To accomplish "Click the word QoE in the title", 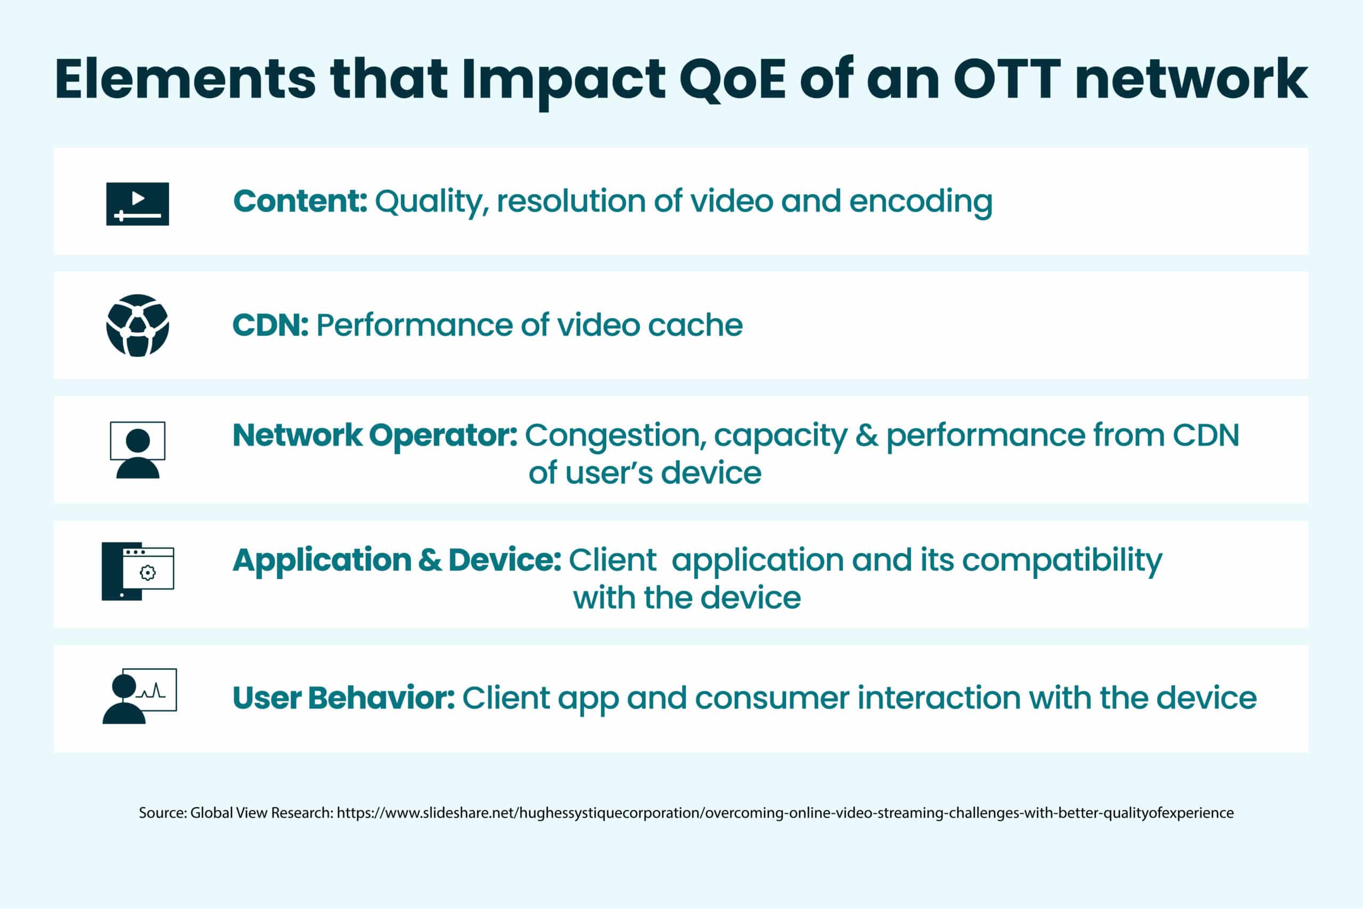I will coord(732,80).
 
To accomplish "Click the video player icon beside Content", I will coord(137,204).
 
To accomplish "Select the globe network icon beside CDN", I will coord(137,325).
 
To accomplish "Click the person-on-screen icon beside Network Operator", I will coord(137,450).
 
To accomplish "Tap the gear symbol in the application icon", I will coord(148,573).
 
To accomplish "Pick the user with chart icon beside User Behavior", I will coord(139,696).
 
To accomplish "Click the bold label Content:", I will coord(300,201).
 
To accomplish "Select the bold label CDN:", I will coord(270,325).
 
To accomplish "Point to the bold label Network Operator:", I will coord(375,435).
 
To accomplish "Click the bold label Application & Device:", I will coord(397,560).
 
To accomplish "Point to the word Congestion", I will coord(615,436).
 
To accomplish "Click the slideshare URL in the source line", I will coord(785,813).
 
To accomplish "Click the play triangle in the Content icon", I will coord(138,199).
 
